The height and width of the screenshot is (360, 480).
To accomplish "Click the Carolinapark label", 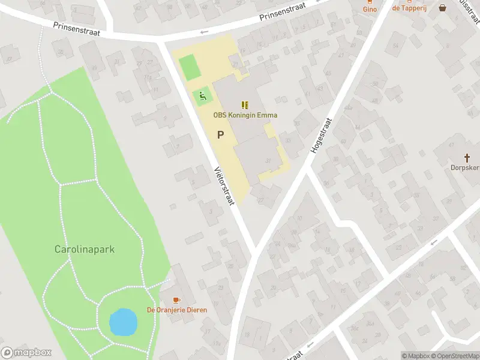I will (x=84, y=249).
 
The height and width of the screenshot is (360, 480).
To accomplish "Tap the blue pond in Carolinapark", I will (x=122, y=322).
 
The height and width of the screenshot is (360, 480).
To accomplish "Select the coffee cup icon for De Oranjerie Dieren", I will (x=176, y=299).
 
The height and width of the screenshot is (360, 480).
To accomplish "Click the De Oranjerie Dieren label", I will (x=177, y=310).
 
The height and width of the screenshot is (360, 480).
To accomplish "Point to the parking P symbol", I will (x=220, y=135).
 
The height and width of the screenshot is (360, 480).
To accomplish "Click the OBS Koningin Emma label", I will (x=245, y=115).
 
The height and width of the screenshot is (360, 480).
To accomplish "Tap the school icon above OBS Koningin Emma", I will (x=245, y=104).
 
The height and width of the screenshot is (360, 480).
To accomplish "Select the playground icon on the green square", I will (x=203, y=95).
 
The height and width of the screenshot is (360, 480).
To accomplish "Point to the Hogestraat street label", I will (x=321, y=134).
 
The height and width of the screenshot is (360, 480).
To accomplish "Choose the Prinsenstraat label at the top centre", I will (x=283, y=12).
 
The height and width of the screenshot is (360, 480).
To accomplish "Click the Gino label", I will (x=370, y=9).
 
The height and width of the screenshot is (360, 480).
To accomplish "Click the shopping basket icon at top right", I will (x=443, y=8).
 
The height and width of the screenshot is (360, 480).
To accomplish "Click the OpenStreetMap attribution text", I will (x=454, y=356).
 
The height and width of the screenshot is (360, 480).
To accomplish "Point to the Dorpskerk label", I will (x=465, y=168).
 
